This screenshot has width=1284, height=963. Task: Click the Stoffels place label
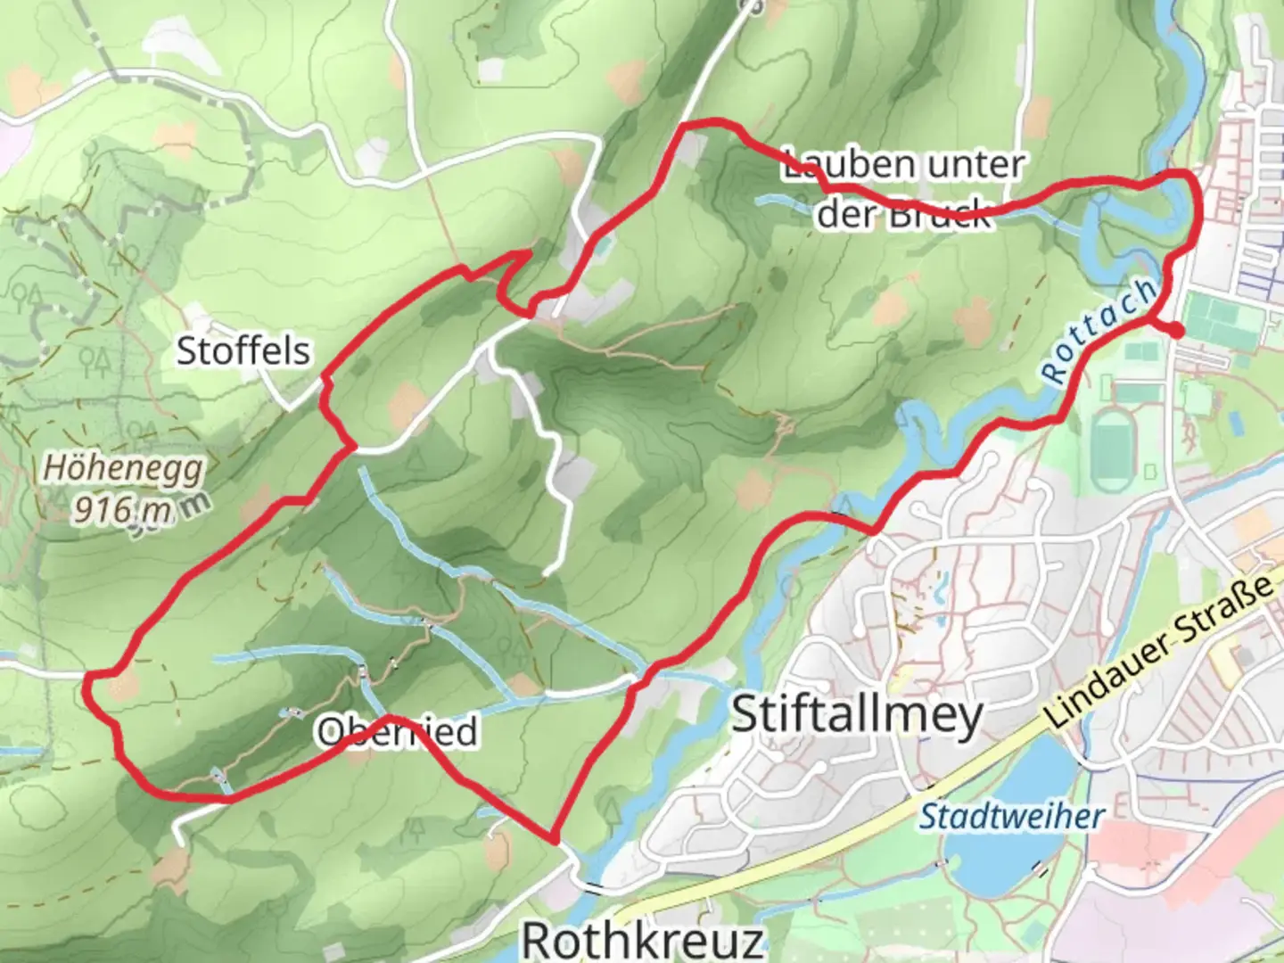(x=243, y=350)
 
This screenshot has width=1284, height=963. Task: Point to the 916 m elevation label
(x=122, y=509)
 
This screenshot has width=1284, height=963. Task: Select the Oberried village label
(x=398, y=732)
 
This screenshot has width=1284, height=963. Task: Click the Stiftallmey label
(x=857, y=715)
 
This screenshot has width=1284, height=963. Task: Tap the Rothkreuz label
(x=642, y=939)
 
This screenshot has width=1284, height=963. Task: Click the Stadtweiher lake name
(x=1011, y=816)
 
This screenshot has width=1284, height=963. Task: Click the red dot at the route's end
(x=1177, y=332)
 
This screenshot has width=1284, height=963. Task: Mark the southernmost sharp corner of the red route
(x=554, y=840)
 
